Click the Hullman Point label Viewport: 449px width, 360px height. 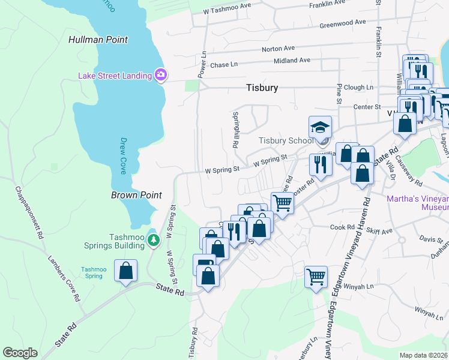click(98, 40)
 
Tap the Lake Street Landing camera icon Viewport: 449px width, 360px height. click(160, 75)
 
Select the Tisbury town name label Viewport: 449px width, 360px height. click(262, 88)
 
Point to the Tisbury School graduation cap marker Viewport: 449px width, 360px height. click(320, 127)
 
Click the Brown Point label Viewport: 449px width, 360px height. click(136, 195)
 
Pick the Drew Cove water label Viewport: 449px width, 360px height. click(122, 155)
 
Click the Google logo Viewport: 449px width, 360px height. click(20, 352)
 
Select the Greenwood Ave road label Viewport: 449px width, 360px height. click(342, 23)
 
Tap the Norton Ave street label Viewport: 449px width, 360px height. click(278, 48)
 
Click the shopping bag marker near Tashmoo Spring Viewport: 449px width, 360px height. click(125, 271)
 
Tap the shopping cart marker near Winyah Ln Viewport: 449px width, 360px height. click(316, 277)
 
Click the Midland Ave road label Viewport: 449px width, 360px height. click(292, 60)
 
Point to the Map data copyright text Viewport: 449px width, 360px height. click(424, 355)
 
